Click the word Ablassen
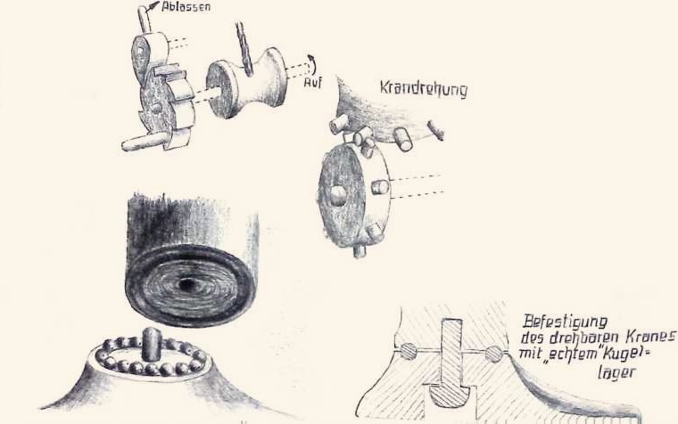point(186,7)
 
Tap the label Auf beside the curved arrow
point(312,82)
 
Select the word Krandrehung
point(424,89)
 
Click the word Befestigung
point(566,322)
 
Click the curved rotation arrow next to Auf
point(312,65)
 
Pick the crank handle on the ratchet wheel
point(144,142)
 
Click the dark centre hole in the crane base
point(187,285)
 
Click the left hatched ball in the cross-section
point(409,350)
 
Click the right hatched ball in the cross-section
point(493,354)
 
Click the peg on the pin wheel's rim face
point(379,187)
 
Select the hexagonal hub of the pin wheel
point(339,195)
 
